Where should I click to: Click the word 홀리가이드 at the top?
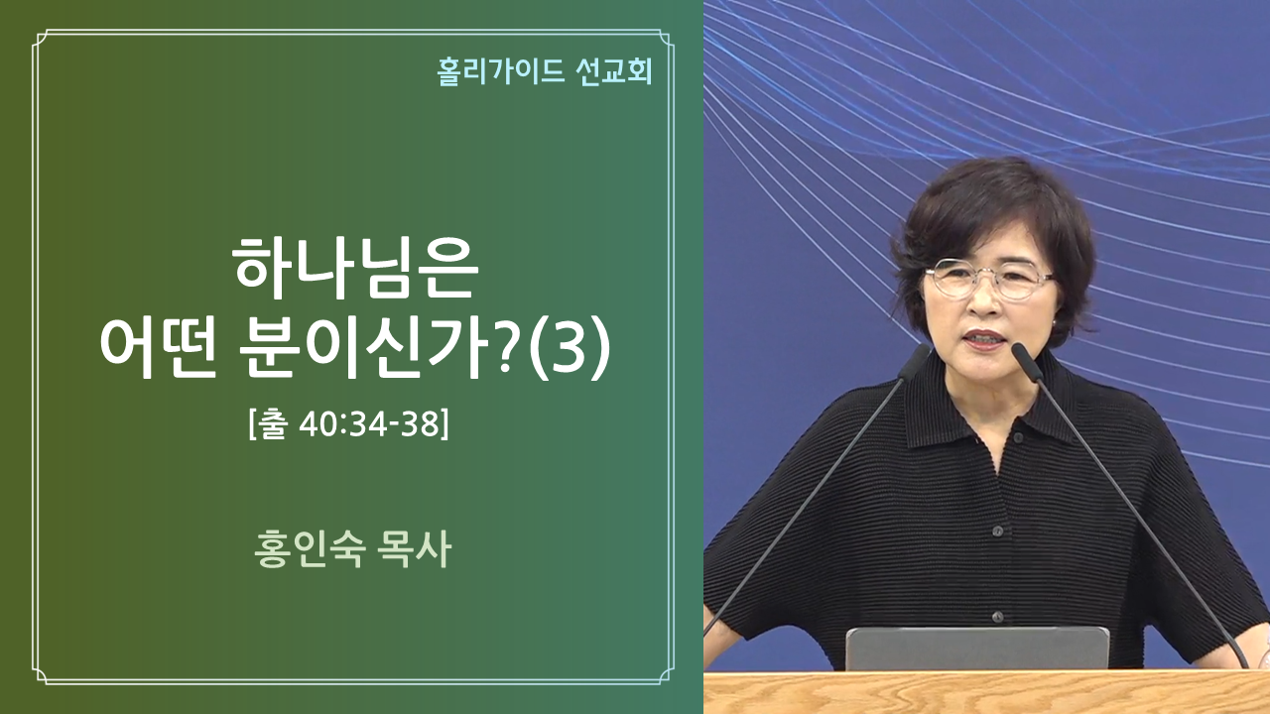click(x=501, y=72)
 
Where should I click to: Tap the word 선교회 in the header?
click(x=614, y=72)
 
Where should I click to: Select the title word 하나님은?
click(x=355, y=268)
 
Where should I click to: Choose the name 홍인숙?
click(x=309, y=549)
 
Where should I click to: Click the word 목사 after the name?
click(x=414, y=549)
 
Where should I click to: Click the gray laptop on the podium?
click(x=977, y=649)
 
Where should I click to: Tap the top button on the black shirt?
click(x=1019, y=437)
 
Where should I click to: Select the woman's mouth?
click(x=985, y=339)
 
